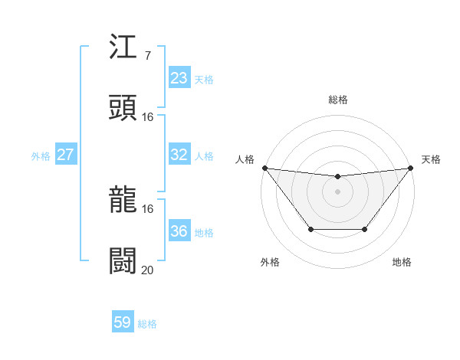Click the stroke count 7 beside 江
point(147,57)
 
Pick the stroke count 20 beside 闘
point(147,269)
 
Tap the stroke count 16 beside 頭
point(148,116)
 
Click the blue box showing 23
point(179,78)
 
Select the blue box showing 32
point(179,155)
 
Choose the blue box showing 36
point(179,231)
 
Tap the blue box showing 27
point(65,155)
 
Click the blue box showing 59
point(123,323)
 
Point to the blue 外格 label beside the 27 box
point(41,155)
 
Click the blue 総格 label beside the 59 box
point(147,324)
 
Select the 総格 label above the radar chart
point(338,100)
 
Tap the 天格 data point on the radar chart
point(411,168)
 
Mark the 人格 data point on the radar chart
point(264,168)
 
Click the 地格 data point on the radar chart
point(365,229)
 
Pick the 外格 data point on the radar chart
point(310,229)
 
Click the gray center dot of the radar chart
point(338,191)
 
